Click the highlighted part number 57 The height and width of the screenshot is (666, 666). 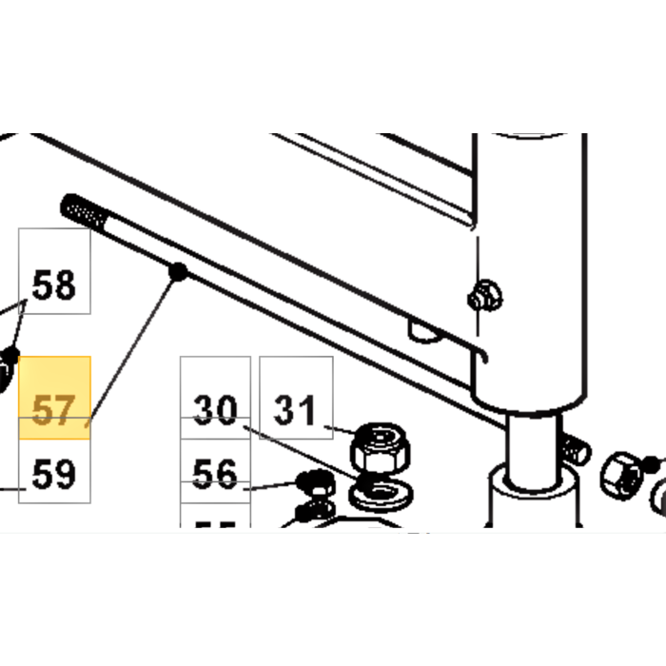pos(54,411)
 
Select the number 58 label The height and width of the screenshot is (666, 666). pos(54,284)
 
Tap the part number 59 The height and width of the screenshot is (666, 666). pos(54,473)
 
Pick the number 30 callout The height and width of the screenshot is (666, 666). pos(215,410)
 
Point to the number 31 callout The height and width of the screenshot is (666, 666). pos(295,410)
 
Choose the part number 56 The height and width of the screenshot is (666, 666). pos(215,473)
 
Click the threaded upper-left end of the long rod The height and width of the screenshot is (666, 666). pos(78,208)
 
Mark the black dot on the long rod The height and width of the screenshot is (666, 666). pos(177,274)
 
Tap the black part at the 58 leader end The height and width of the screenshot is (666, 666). pos(9,362)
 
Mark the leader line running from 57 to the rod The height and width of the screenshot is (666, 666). pos(133,347)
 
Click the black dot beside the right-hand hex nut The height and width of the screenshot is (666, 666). pos(651,465)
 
